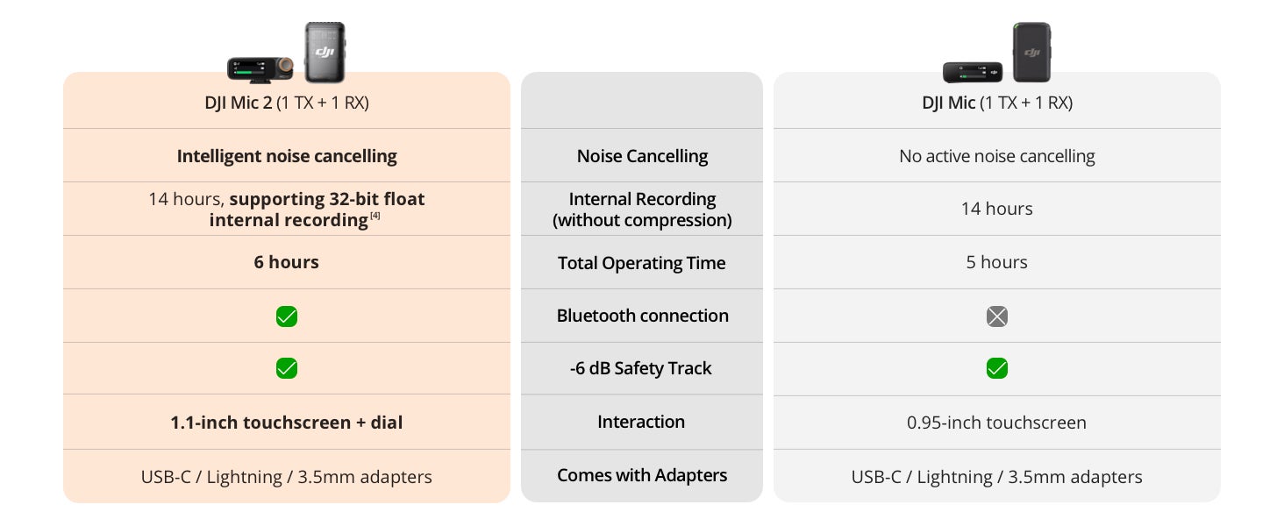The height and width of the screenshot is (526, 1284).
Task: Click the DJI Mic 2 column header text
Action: click(287, 103)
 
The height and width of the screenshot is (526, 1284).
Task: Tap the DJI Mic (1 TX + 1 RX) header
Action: click(997, 103)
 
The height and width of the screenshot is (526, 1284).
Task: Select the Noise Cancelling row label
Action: click(642, 156)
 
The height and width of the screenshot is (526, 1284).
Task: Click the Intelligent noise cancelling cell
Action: click(287, 156)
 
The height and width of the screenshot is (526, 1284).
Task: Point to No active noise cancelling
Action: click(997, 156)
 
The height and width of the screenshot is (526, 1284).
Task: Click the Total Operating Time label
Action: click(641, 263)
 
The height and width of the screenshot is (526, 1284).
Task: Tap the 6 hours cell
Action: click(287, 262)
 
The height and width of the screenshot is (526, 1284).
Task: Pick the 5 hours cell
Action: click(997, 262)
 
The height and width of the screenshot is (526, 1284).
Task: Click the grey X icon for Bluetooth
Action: click(997, 316)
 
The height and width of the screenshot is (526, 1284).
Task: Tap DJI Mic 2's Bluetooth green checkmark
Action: click(287, 316)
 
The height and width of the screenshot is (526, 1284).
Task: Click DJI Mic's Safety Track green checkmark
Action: click(997, 368)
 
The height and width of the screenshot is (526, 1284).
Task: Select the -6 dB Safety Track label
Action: click(641, 368)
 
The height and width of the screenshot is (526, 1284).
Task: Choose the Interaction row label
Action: click(641, 422)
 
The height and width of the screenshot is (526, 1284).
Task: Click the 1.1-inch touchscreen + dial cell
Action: click(287, 423)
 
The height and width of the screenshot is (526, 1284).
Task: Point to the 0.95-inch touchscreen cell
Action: click(996, 423)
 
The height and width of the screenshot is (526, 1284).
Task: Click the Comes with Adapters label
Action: click(642, 475)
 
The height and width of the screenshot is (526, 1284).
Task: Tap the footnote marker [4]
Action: click(374, 216)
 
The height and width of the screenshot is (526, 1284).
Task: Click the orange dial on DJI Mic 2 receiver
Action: click(286, 66)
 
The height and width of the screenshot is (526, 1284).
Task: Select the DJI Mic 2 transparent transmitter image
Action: click(325, 52)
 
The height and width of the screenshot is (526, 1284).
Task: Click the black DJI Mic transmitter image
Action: click(1031, 52)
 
